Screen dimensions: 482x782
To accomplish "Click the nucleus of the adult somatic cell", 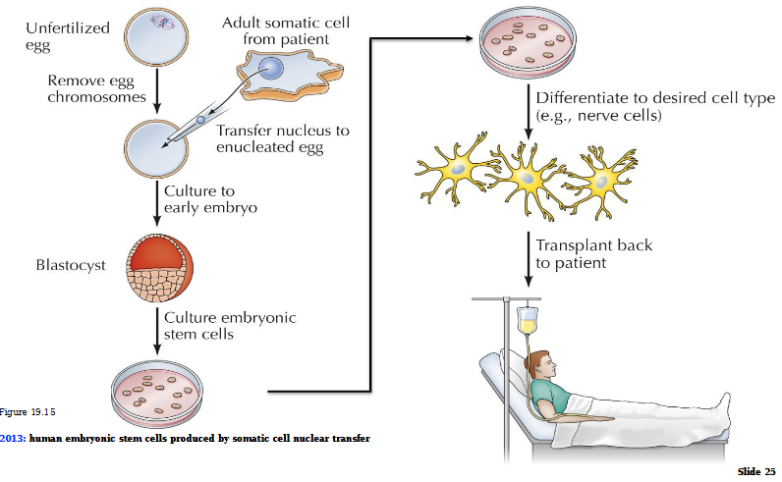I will (x=275, y=71).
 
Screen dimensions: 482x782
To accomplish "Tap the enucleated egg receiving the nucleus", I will (x=152, y=148).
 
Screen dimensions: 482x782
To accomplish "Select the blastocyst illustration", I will (x=157, y=267).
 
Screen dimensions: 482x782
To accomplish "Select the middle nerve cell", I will (x=527, y=177).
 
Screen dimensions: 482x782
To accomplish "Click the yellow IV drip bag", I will (x=528, y=320).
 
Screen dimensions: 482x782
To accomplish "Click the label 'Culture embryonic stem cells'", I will (x=230, y=326).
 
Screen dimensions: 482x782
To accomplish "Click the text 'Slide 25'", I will (x=756, y=472).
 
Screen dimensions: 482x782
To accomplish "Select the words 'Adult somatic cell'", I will (x=285, y=23).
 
